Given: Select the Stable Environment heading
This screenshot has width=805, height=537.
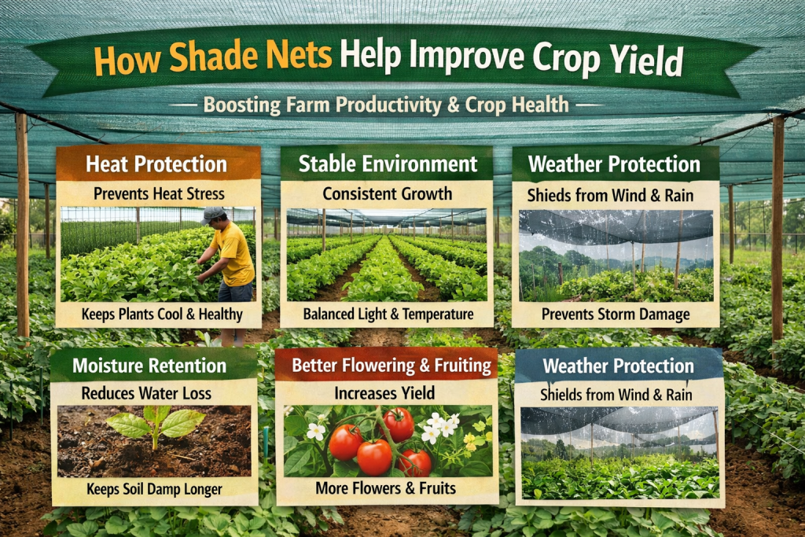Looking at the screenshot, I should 388,164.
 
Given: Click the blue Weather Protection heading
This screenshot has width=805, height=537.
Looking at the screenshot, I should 619,366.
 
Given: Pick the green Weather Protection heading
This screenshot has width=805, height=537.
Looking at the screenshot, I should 614,164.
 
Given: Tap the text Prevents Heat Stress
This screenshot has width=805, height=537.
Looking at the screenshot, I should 158,193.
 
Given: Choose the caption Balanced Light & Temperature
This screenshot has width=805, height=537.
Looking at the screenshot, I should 388,314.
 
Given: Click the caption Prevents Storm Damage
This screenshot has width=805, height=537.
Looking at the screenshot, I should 616,314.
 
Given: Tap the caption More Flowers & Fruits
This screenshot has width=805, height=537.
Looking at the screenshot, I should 386,489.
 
